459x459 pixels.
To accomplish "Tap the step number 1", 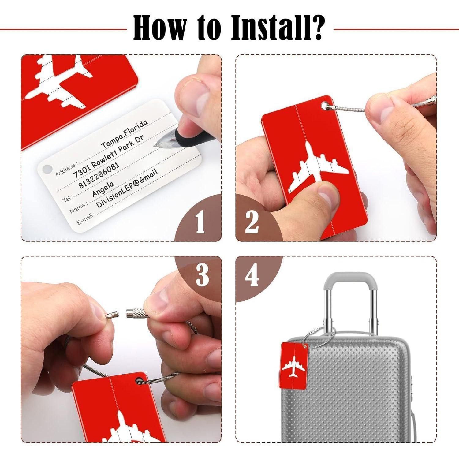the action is (x=200, y=222).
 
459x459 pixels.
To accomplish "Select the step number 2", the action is (x=252, y=222).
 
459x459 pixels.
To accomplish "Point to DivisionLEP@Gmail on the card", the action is (x=127, y=189).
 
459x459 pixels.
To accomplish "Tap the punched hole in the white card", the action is (x=47, y=169).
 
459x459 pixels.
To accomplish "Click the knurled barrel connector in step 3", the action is (x=137, y=313).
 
